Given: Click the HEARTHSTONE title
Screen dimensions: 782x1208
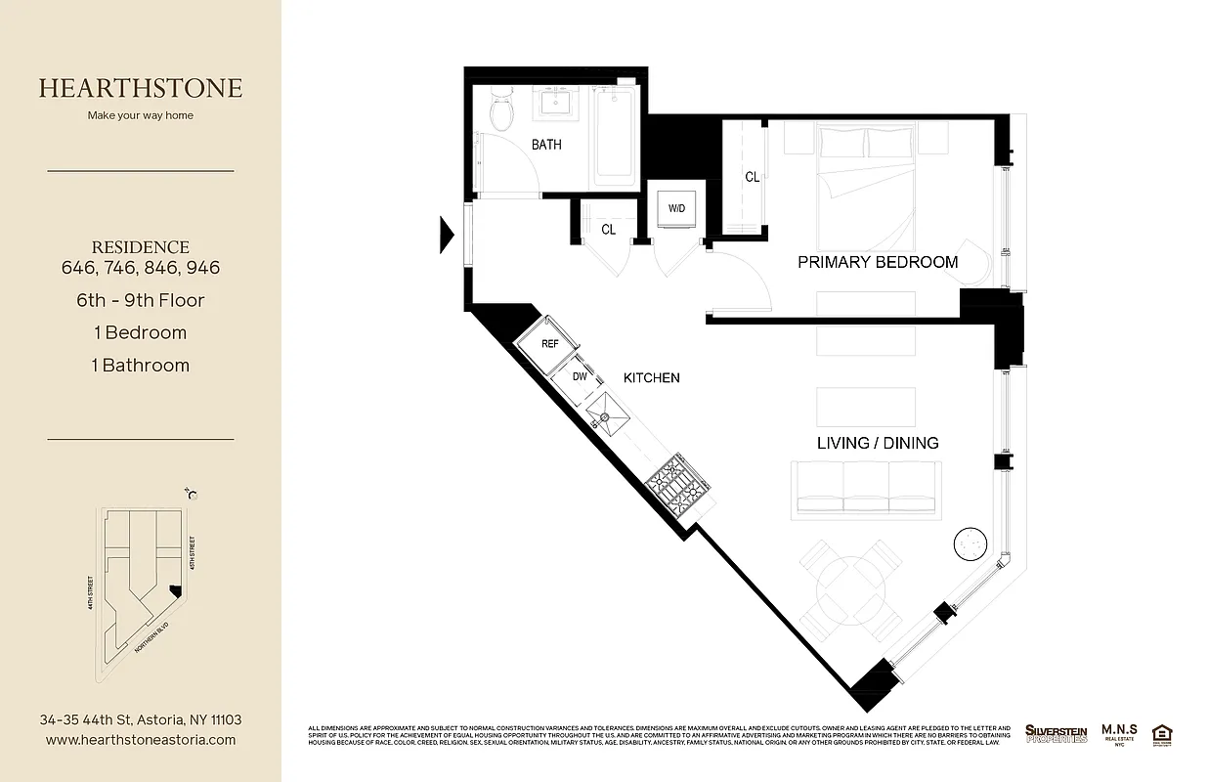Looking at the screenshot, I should coord(140,88).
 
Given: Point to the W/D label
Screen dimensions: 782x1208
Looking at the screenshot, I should coord(676,209).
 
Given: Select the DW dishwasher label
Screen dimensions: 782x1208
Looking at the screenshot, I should coord(579,376).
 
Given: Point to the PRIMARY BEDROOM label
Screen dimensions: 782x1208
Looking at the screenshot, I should coord(878,262).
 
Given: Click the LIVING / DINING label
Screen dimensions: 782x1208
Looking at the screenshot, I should coord(878,443).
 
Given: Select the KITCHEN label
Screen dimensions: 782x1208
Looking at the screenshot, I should coord(652,377).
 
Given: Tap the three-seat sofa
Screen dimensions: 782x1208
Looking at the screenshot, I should coord(866,487).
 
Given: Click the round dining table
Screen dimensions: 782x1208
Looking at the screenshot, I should coord(849,590).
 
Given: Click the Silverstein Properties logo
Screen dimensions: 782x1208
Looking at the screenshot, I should coord(1056,733).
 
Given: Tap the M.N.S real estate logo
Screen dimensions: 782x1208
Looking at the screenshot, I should coord(1121,732).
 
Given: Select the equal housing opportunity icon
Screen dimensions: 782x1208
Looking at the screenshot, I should coord(1162,733).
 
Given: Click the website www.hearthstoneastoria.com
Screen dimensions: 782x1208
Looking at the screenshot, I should coord(141,740).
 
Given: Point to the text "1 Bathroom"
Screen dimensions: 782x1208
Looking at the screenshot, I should coord(141,365).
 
